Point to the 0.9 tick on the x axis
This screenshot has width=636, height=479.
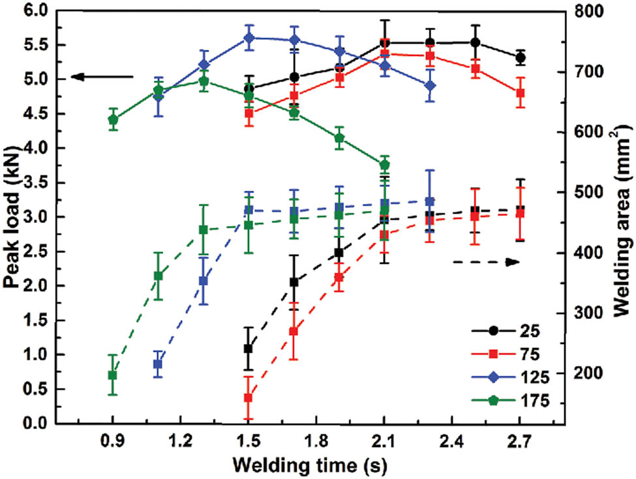pyautogui.click(x=113, y=440)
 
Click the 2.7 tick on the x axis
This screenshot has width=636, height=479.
pyautogui.click(x=520, y=440)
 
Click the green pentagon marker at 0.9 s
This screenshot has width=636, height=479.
pyautogui.click(x=113, y=119)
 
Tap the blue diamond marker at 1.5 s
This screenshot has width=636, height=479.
pyautogui.click(x=249, y=38)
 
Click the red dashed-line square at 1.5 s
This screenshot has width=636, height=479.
pyautogui.click(x=249, y=398)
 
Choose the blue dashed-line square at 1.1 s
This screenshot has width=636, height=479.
pyautogui.click(x=158, y=364)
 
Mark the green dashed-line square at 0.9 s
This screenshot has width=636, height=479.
pyautogui.click(x=113, y=375)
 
